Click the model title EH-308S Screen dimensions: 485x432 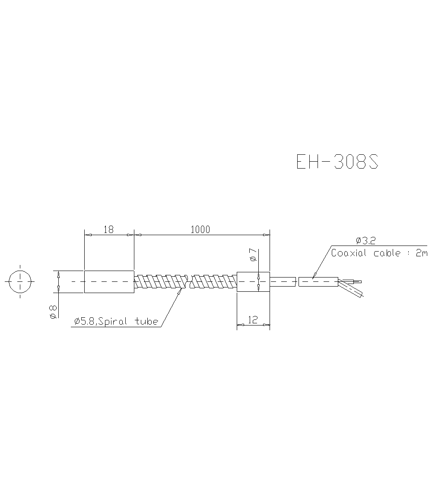pos(337,162)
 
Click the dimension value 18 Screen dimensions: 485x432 pos(108,230)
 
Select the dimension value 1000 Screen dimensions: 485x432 pos(200,230)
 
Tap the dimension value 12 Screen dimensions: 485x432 pos(253,320)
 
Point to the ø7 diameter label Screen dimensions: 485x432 pos(254,255)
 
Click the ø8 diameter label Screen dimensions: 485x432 pos(53,312)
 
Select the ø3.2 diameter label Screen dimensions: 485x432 pos(365,240)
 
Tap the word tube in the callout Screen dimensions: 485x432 pos(146,322)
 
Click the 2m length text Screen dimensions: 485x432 pos(422,253)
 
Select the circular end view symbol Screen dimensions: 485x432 pos(20,281)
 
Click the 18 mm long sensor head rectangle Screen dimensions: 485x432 pos(109,281)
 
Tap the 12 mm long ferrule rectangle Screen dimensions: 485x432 pos(253,282)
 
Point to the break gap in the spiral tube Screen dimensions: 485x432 pos(189,281)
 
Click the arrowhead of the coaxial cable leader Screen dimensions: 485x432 pos(314,276)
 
